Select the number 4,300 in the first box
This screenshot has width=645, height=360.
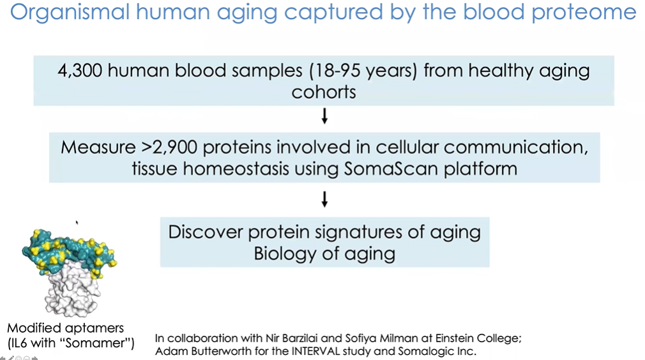pyautogui.click(x=80, y=71)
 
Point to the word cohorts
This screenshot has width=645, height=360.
pyautogui.click(x=324, y=92)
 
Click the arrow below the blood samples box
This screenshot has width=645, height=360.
pyautogui.click(x=324, y=116)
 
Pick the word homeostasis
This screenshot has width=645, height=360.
pyautogui.click(x=236, y=169)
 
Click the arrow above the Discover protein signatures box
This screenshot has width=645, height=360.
pyautogui.click(x=324, y=199)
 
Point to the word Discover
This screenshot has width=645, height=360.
pyautogui.click(x=206, y=232)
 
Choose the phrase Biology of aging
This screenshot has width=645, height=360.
pyautogui.click(x=324, y=253)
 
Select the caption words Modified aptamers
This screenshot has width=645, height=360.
pyautogui.click(x=65, y=328)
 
